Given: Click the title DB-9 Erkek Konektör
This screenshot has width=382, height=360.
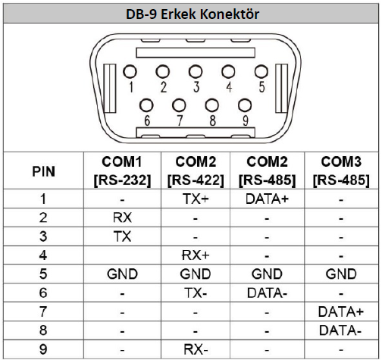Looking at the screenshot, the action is (193, 14).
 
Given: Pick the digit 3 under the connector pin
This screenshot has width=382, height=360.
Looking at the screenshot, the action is (196, 87).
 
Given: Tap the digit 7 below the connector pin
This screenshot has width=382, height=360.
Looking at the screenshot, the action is (180, 121).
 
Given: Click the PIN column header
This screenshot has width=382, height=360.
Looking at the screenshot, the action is (43, 171).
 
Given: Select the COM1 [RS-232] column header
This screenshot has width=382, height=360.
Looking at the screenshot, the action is (122, 171).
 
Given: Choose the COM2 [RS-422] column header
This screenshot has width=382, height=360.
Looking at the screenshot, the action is (196, 171).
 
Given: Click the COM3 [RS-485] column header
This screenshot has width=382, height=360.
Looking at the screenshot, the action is (341, 171).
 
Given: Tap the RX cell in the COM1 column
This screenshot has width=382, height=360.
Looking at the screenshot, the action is (122, 218).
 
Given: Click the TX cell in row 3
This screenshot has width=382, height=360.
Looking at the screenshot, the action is (122, 236).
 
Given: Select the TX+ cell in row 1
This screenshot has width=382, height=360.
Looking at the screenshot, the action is (196, 199).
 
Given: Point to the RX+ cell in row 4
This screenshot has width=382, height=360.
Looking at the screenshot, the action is (196, 255).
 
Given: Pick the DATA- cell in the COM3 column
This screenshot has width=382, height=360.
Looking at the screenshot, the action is (340, 330).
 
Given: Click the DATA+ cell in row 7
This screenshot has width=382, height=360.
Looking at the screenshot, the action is (341, 311).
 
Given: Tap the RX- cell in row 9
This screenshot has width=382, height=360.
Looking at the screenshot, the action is (196, 349).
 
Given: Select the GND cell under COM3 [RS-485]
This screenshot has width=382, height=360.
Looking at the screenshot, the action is (341, 274).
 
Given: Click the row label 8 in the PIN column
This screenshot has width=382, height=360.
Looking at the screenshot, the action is (43, 330).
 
